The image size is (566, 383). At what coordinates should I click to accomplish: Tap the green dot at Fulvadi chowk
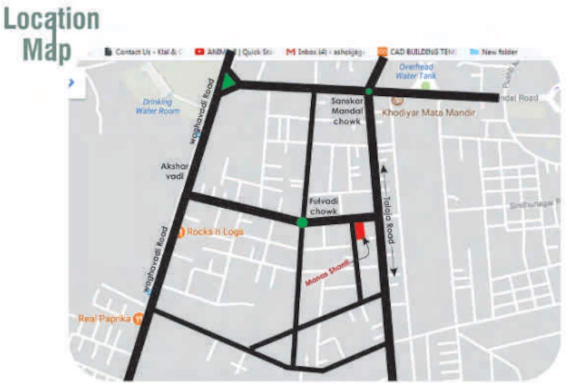pos(302,222)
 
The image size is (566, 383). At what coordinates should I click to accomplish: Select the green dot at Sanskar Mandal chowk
pos(369,91)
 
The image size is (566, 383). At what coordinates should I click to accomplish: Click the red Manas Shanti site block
pos(359,231)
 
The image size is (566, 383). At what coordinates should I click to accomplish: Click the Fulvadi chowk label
pos(324,206)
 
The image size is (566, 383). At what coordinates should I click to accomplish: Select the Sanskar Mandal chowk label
pos(347,111)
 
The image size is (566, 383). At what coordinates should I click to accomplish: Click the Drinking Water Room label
pos(157,106)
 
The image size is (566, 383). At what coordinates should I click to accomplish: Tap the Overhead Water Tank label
pos(416,71)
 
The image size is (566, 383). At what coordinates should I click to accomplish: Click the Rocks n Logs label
pos(215,232)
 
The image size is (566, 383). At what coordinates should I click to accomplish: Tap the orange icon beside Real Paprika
pos(138,319)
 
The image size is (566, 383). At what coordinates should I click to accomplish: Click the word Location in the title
pos(52,20)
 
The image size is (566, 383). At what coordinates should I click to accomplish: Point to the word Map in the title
pos(48,50)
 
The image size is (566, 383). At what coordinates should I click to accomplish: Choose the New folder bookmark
pos(494,52)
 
